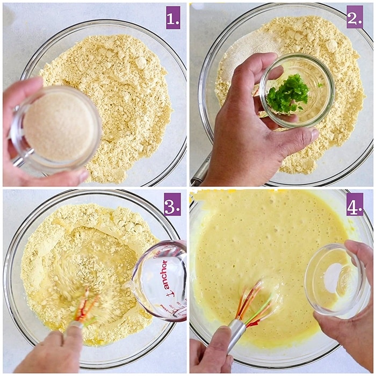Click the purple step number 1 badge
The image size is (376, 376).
(x=173, y=18)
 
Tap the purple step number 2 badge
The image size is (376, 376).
(x=355, y=17)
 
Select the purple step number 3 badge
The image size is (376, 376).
(x=172, y=204)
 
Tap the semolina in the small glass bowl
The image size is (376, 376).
(x=60, y=126)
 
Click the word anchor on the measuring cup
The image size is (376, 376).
(x=163, y=278)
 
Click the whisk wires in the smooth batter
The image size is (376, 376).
(x=255, y=304)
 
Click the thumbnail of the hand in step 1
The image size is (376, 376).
(x=84, y=177)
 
